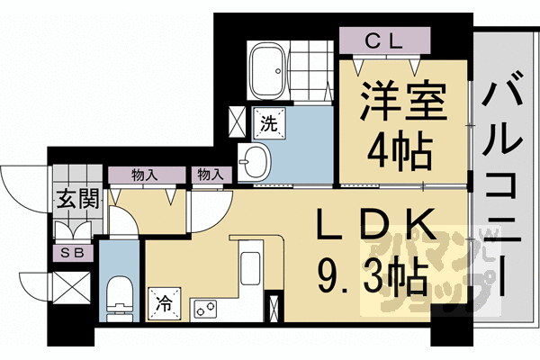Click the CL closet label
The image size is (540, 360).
[386, 40]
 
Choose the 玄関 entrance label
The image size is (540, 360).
[73, 201]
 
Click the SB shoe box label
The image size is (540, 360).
[72, 254]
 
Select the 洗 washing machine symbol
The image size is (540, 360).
[268, 118]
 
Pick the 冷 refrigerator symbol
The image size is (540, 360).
[165, 302]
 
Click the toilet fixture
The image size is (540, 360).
[116, 293]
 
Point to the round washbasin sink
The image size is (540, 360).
[254, 161]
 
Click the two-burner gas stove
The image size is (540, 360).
[204, 309]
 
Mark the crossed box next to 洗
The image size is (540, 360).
[237, 119]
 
